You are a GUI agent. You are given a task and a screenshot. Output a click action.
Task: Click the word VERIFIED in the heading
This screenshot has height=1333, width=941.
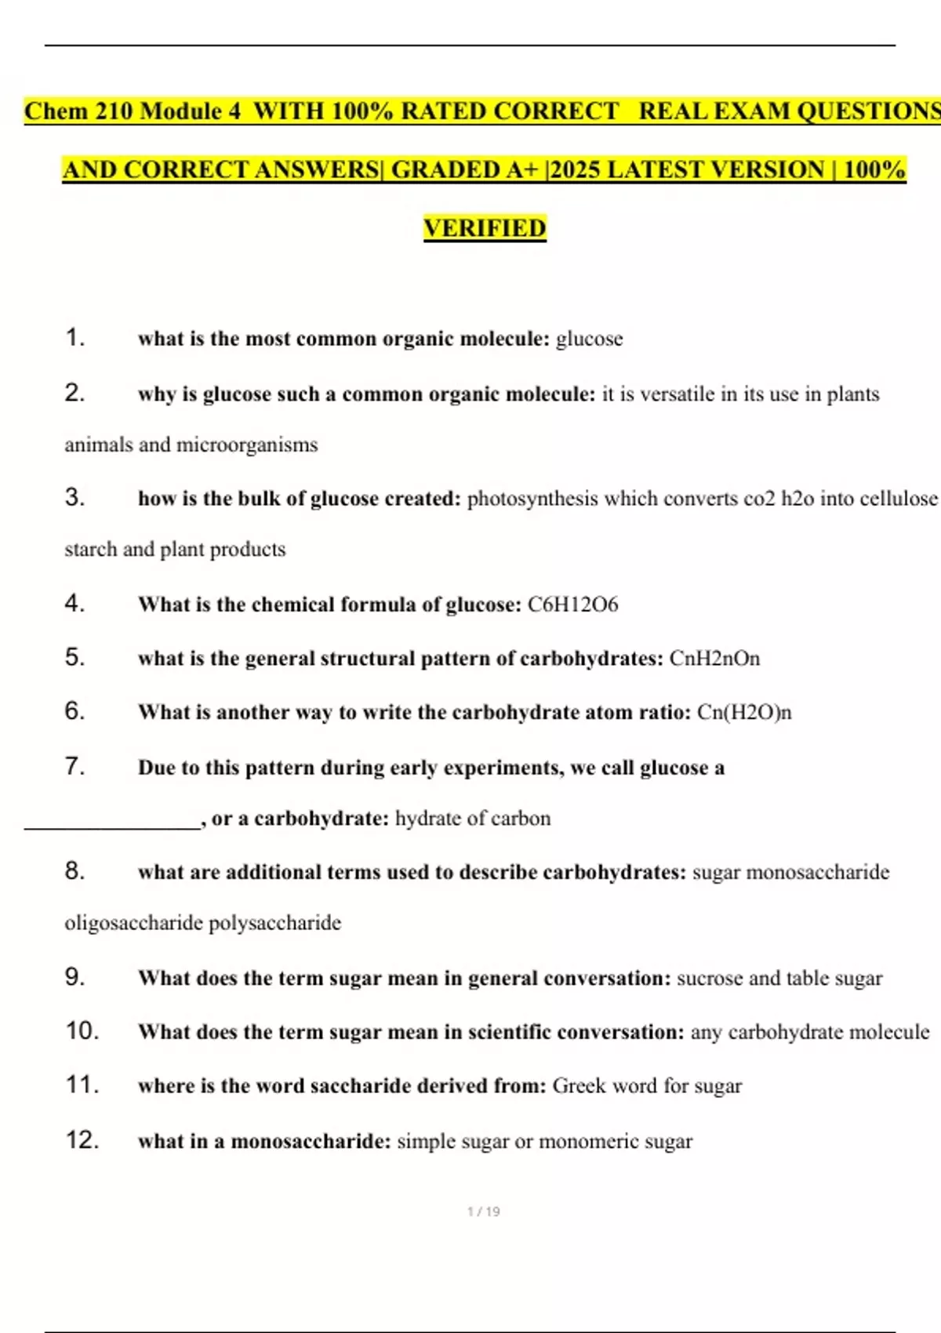tap(485, 228)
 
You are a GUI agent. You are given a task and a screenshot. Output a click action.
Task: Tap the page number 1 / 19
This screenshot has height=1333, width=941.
tap(483, 1211)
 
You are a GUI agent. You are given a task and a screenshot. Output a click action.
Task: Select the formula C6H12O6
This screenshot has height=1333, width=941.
tap(572, 605)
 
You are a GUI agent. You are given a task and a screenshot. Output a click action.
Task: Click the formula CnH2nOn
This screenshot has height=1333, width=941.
tap(714, 659)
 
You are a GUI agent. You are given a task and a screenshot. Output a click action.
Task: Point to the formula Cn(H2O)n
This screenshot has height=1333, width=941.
tap(744, 713)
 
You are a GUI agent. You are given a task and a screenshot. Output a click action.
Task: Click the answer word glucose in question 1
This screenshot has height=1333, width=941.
tap(589, 340)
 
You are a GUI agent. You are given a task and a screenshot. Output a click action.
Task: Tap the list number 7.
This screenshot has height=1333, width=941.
tap(74, 766)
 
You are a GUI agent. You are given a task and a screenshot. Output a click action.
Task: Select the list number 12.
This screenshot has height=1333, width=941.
tap(82, 1139)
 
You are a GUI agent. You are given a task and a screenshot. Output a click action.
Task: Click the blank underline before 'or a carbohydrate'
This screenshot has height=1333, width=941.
tap(112, 823)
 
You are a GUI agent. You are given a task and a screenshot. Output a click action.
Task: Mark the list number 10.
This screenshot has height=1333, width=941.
tap(82, 1030)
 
